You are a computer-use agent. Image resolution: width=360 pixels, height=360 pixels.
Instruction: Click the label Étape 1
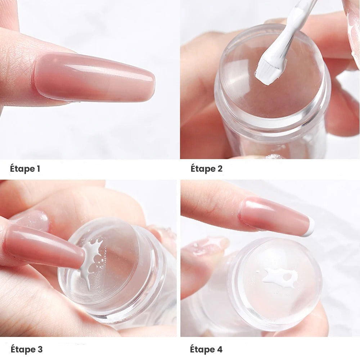click(25, 169)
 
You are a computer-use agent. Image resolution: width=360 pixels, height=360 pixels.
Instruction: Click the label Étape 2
click(206, 169)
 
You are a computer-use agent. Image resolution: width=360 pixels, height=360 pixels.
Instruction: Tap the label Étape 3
click(26, 350)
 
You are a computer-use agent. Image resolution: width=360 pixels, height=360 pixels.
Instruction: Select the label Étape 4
click(206, 350)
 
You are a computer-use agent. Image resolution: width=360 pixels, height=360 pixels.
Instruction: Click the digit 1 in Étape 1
click(38, 169)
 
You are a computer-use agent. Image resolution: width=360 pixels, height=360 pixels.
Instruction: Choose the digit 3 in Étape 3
click(40, 350)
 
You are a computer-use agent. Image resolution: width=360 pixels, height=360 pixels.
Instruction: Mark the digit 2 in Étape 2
click(220, 169)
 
